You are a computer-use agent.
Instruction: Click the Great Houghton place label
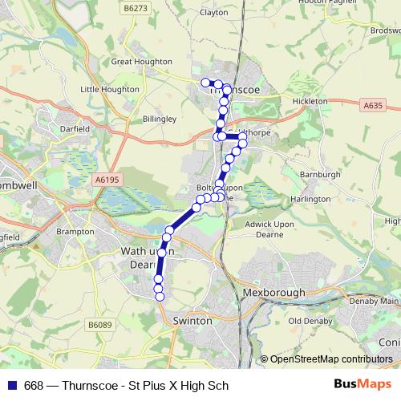142,62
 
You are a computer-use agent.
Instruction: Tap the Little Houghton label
110,90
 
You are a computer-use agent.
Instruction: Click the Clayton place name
214,12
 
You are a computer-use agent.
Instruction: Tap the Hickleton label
310,102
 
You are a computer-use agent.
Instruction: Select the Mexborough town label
273,293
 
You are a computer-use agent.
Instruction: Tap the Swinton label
193,320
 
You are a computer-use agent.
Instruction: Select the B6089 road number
99,325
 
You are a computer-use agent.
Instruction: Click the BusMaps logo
363,385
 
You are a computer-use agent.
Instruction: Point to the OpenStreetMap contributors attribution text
331,358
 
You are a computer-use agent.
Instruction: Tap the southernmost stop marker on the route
160,297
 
